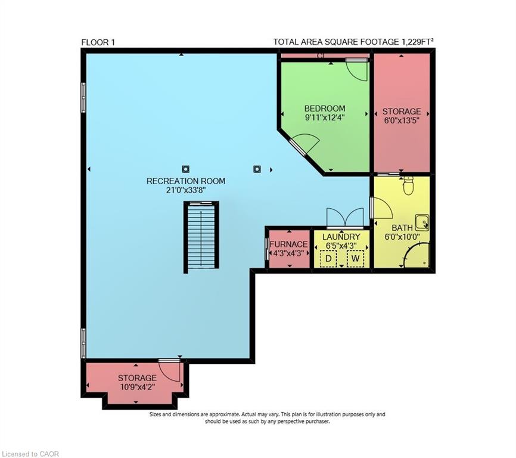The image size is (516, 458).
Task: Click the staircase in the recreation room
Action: pyautogui.click(x=201, y=237)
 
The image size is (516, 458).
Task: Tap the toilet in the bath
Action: pyautogui.click(x=408, y=186)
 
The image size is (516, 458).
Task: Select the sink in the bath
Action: pyautogui.click(x=422, y=222)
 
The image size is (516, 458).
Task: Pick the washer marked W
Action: pyautogui.click(x=356, y=259)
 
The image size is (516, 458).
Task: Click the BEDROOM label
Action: pyautogui.click(x=324, y=109)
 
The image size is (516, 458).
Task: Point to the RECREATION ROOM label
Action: pyautogui.click(x=186, y=181)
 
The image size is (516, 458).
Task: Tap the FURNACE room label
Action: pyautogui.click(x=288, y=244)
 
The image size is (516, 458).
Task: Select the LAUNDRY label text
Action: pyautogui.click(x=341, y=237)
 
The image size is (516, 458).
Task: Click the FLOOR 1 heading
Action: pyautogui.click(x=98, y=42)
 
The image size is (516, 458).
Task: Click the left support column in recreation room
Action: pyautogui.click(x=186, y=169)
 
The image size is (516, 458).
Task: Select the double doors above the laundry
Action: pyautogui.click(x=345, y=218)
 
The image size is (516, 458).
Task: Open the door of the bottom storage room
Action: pyautogui.click(x=170, y=370)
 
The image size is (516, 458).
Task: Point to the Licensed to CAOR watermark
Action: pyautogui.click(x=30, y=454)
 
